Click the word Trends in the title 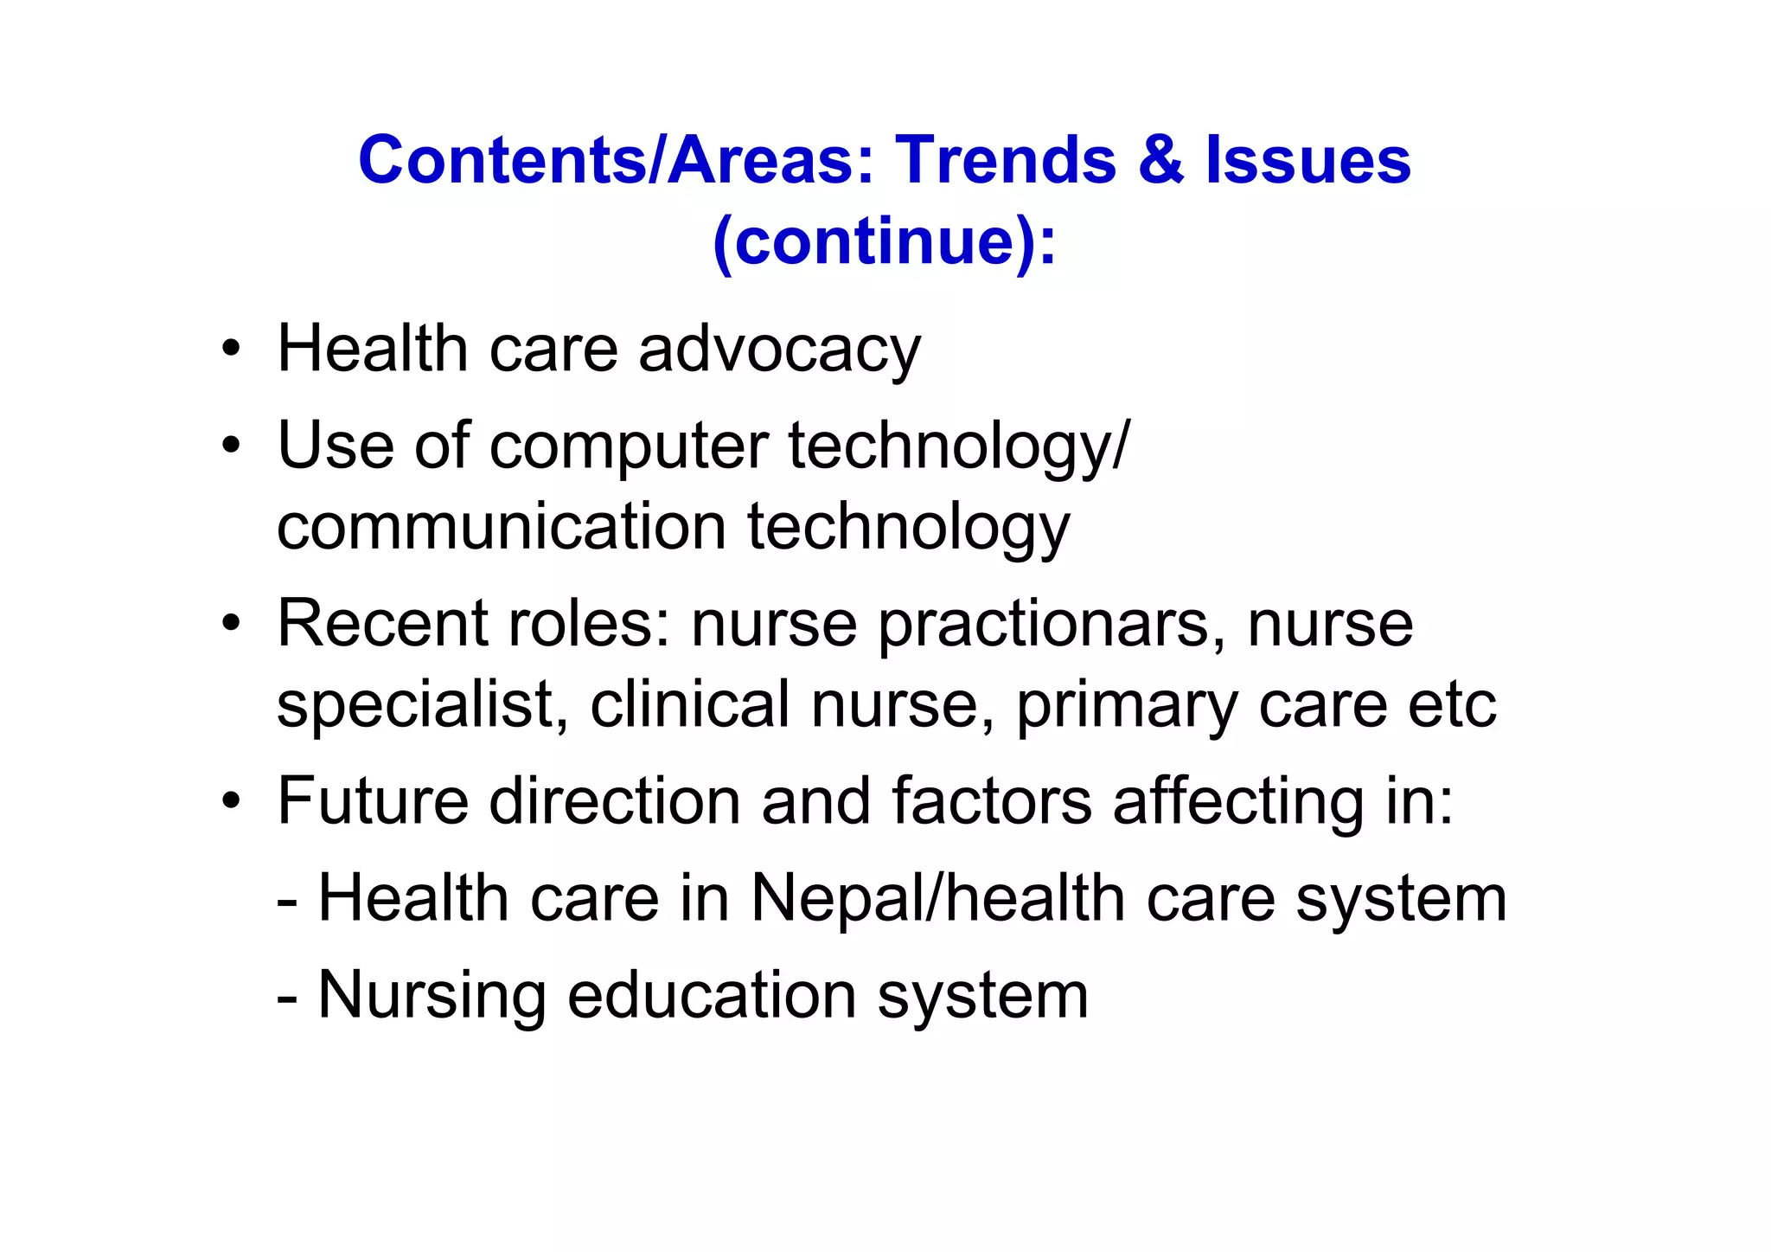[x=1005, y=161]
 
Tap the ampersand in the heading [x=1160, y=161]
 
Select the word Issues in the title [x=1307, y=161]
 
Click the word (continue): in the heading [x=885, y=241]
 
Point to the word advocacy [x=779, y=350]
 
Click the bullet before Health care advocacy [x=230, y=350]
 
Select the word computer [x=629, y=446]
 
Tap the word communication [x=502, y=527]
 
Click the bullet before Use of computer [x=230, y=446]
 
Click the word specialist [x=423, y=705]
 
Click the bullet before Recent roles [x=230, y=624]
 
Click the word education [x=712, y=995]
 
